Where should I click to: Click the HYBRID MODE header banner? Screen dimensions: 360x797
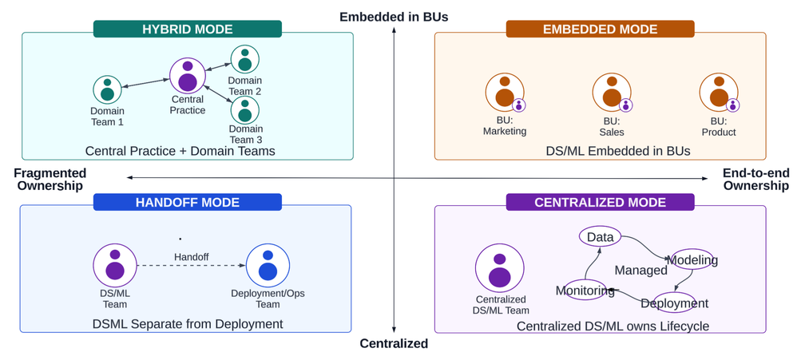[x=188, y=30]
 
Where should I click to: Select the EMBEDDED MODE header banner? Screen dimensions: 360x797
[x=600, y=30]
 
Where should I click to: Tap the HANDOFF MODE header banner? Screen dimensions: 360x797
[x=188, y=203]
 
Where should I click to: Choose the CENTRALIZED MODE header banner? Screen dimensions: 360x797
[x=600, y=203]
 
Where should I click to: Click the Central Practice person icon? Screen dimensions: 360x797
[x=188, y=76]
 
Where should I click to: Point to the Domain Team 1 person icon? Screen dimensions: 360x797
[x=107, y=89]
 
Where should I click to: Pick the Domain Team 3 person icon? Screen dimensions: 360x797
[x=245, y=109]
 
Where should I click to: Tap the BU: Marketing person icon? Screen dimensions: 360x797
[x=505, y=92]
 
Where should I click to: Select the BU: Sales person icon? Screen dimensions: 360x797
[x=612, y=92]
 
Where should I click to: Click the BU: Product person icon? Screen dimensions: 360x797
[x=719, y=92]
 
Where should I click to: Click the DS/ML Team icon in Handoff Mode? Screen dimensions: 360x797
[x=115, y=265]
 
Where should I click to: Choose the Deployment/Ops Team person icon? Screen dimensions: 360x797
[x=268, y=265]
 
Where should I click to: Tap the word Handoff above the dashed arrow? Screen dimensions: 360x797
[x=192, y=257]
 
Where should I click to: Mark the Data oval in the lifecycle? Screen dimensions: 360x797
[x=600, y=237]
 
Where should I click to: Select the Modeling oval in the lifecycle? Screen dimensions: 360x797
[x=692, y=259]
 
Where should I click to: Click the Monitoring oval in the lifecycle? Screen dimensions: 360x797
[x=585, y=291]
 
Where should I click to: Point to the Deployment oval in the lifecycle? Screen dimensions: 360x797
[x=674, y=303]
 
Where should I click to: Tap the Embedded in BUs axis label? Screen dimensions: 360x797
[x=394, y=17]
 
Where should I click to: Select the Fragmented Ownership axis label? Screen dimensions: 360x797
[x=50, y=179]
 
